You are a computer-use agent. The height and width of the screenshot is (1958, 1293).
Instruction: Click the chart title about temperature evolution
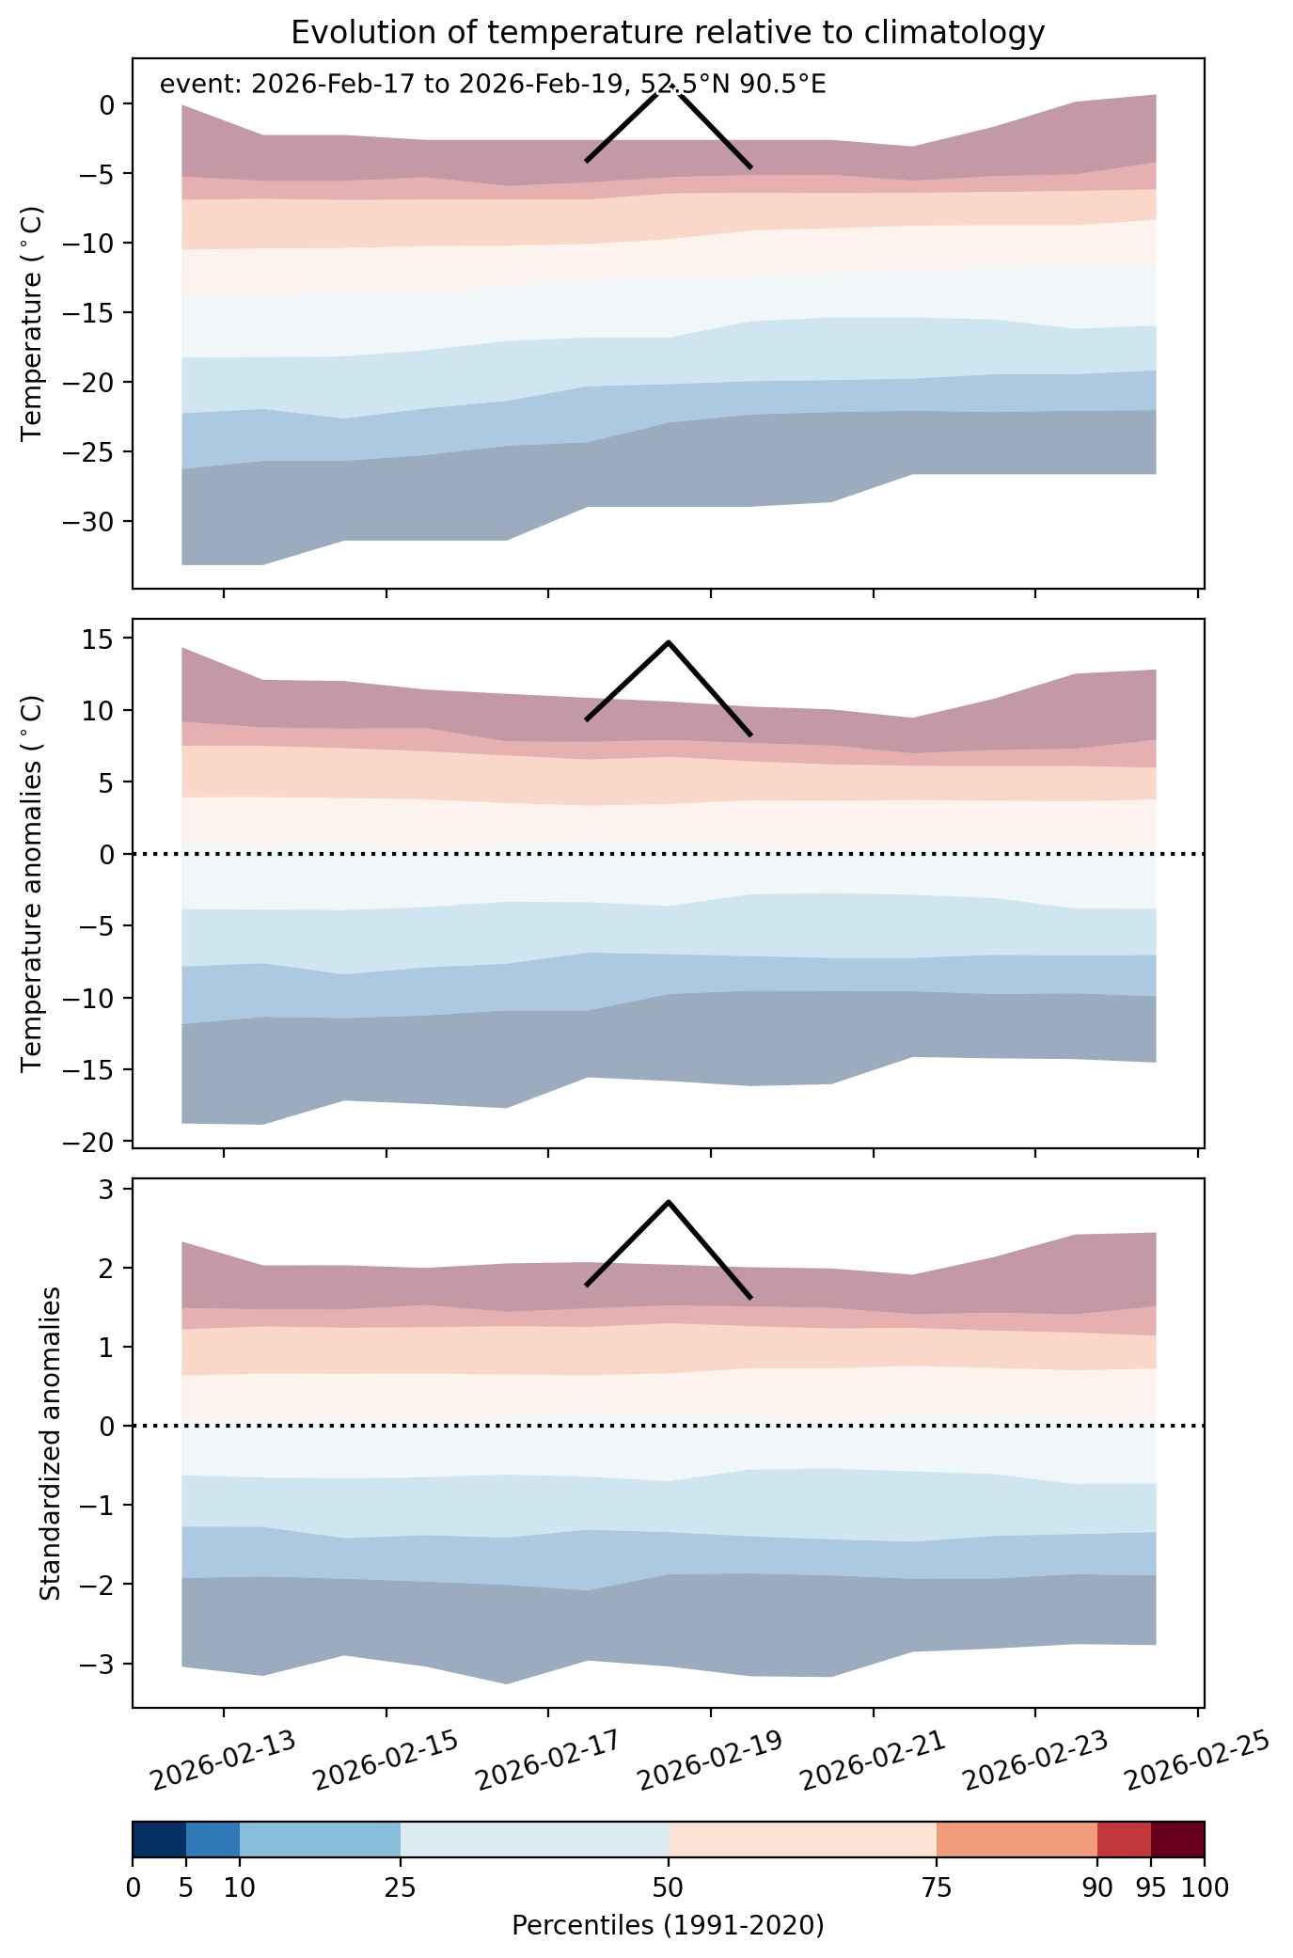(x=668, y=33)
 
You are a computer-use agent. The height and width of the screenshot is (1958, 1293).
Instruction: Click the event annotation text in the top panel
(x=493, y=85)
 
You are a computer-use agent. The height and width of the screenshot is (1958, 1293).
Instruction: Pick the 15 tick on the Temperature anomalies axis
(x=102, y=640)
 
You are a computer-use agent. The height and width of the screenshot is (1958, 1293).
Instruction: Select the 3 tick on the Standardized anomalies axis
(x=110, y=1190)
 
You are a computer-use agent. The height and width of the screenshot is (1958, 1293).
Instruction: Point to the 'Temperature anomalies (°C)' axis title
(x=33, y=883)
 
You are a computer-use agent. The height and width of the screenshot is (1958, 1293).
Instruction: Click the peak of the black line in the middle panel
(x=668, y=642)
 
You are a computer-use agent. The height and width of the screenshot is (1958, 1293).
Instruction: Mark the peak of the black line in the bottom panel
(x=668, y=1201)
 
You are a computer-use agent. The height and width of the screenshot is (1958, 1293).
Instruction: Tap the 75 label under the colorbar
(x=937, y=1888)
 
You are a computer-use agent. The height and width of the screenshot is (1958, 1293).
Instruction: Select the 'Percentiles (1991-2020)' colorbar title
(x=668, y=1926)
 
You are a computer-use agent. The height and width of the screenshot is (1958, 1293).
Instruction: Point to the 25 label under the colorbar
(x=401, y=1888)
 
